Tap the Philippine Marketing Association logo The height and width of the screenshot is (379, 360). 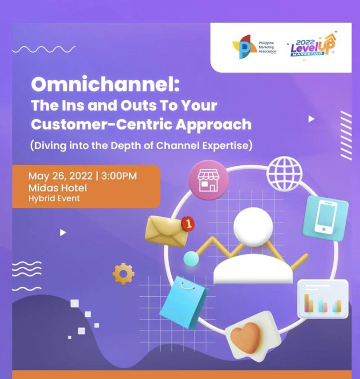[x=254, y=47]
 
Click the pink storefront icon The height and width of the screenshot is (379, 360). [x=208, y=180]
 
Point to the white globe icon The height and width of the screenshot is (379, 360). [x=284, y=173]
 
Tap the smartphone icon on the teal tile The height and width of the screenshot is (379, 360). [x=325, y=218]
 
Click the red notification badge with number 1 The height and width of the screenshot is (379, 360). [x=188, y=223]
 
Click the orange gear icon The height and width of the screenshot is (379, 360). [x=123, y=274]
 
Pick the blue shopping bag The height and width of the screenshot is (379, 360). [x=184, y=303]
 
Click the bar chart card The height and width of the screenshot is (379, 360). [x=323, y=299]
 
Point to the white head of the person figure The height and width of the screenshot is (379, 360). [x=253, y=227]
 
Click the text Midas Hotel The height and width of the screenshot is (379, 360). [x=58, y=188]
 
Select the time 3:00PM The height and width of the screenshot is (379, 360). [x=119, y=176]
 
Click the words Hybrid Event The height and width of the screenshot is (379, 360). [x=54, y=198]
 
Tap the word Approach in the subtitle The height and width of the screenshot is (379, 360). [x=213, y=125]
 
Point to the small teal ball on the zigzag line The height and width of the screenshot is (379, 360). [x=191, y=259]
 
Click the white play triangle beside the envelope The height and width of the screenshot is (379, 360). [x=63, y=232]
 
